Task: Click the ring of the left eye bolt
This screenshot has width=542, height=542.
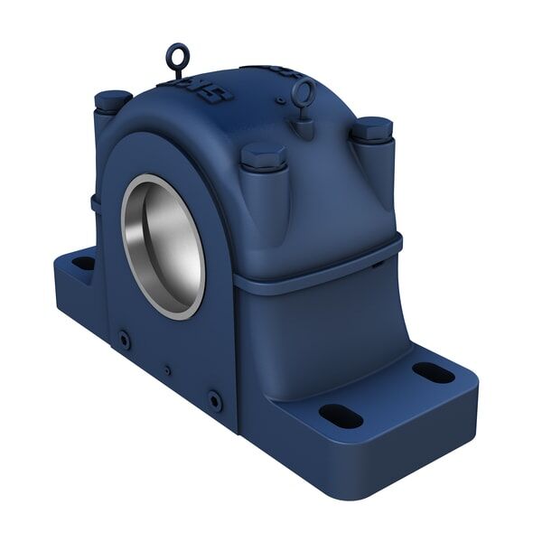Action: [x=175, y=53]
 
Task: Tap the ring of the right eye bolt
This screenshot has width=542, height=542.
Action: [x=304, y=90]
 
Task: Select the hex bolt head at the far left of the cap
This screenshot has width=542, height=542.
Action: [x=112, y=98]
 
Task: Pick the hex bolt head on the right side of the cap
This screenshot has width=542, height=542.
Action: [x=371, y=129]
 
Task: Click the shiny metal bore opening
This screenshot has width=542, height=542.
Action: [x=164, y=245]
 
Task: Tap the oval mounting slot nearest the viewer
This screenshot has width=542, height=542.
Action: [x=341, y=416]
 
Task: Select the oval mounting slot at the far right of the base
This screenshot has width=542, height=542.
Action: [x=433, y=371]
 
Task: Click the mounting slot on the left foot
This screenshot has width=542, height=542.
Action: [x=83, y=263]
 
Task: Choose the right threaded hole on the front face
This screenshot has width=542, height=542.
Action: [x=214, y=398]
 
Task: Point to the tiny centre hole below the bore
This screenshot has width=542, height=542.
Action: [x=166, y=369]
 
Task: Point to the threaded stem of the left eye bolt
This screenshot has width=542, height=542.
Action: [x=177, y=71]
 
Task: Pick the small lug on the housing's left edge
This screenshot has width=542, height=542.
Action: [x=96, y=203]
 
